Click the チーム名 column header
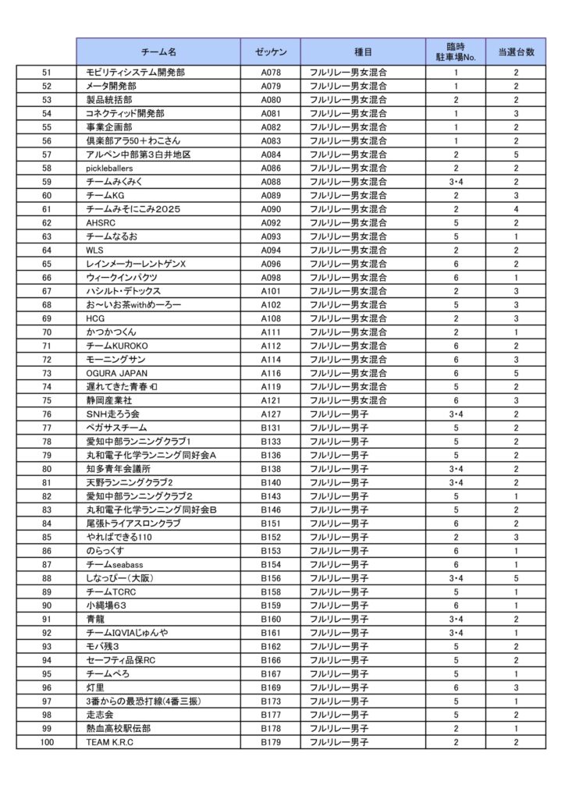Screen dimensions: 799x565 tap(158, 51)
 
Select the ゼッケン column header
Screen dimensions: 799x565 tap(270, 51)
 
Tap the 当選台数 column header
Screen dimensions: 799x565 tap(515, 51)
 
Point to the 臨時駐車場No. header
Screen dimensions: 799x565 tap(455, 51)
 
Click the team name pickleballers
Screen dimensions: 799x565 tap(111, 168)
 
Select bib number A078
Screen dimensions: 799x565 tap(270, 72)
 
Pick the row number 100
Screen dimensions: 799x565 tap(46, 742)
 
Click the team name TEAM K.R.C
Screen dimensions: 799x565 tap(110, 742)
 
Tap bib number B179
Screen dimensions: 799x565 tap(270, 742)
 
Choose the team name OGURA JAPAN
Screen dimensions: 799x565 tap(116, 373)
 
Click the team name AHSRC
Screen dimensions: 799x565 tap(101, 222)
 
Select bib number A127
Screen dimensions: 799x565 tap(270, 414)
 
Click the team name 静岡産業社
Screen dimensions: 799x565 tap(108, 400)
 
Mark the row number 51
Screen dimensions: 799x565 tap(46, 72)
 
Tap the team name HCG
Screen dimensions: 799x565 tap(96, 318)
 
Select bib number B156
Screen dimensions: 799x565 tap(270, 578)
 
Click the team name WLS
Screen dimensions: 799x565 tap(95, 250)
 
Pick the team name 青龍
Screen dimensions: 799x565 tap(94, 619)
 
